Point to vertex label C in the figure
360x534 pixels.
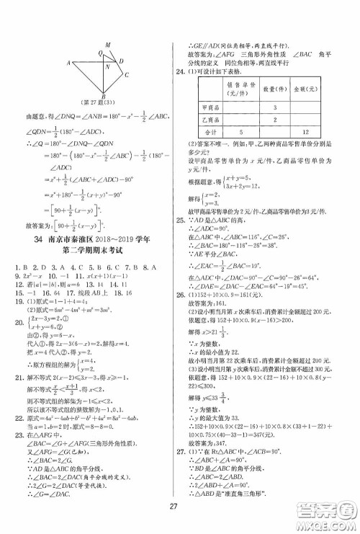pyautogui.click(x=127, y=74)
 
